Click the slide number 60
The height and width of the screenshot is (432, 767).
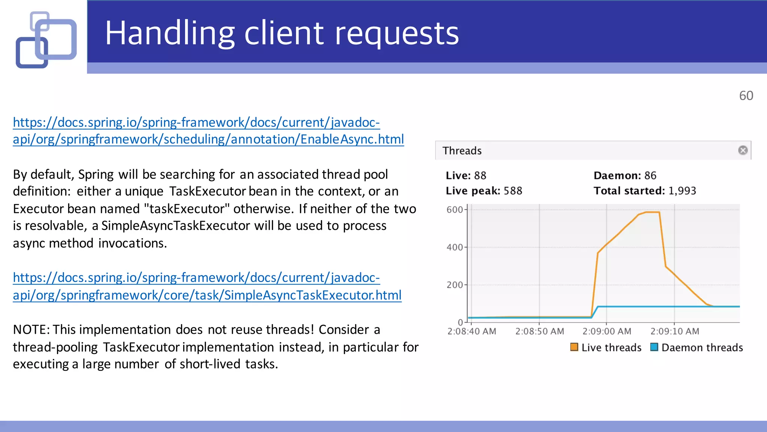(x=746, y=96)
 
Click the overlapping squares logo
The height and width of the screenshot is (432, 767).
(x=46, y=40)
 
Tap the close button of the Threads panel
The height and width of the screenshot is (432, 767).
(x=743, y=150)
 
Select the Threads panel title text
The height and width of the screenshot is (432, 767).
(x=462, y=151)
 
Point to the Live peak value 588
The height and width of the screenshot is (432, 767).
(x=513, y=191)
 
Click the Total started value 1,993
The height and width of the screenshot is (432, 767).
(x=682, y=191)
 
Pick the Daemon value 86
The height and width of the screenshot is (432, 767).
(x=650, y=175)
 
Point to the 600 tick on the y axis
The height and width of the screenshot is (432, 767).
(x=455, y=210)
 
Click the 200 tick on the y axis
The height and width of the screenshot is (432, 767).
(x=455, y=285)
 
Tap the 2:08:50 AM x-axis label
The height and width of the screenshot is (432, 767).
(x=539, y=331)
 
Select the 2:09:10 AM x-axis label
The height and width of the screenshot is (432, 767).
(x=674, y=331)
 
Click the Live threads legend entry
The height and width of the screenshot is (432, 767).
(x=606, y=348)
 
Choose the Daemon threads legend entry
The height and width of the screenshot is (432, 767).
(x=697, y=348)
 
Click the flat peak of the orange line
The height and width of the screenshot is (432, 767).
(x=652, y=212)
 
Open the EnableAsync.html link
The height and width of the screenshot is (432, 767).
(x=208, y=139)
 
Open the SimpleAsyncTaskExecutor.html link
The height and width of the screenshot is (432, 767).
(x=207, y=295)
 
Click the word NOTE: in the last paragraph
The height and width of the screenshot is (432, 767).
(x=31, y=330)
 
